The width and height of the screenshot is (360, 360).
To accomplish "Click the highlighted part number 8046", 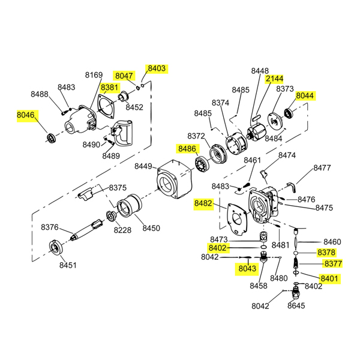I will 26,115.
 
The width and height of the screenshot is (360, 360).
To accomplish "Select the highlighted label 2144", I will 275,79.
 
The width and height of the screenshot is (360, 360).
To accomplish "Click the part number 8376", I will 49,227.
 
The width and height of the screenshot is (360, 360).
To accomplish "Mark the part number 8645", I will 296,305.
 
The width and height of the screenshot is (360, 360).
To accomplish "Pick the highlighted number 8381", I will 110,88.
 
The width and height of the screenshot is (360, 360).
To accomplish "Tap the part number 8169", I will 94,75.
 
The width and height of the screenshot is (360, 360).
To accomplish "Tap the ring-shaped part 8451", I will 55,247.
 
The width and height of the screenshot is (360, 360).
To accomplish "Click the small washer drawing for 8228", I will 112,216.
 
